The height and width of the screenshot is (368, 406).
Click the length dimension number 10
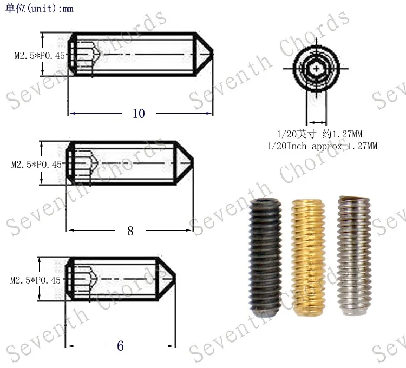coord(139,113)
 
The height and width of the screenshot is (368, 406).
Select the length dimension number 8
coord(130,231)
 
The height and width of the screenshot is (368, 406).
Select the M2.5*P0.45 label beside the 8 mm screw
coord(36,165)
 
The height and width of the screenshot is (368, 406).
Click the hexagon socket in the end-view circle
coord(316,69)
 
